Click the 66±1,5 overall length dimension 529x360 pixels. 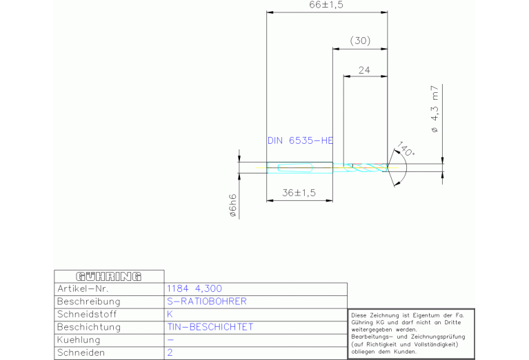pyautogui.click(x=326, y=5)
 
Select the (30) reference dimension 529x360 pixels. pyautogui.click(x=360, y=41)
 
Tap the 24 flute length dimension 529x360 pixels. pyautogui.click(x=364, y=70)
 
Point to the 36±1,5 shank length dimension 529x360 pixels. pyautogui.click(x=299, y=193)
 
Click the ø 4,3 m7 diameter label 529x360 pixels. pyautogui.click(x=435, y=109)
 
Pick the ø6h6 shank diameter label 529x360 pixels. pyautogui.click(x=233, y=205)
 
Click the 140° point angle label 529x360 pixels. pyautogui.click(x=406, y=149)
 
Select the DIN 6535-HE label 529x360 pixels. pyautogui.click(x=300, y=140)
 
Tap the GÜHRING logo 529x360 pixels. pyautogui.click(x=109, y=277)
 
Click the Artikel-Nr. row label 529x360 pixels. pyautogui.click(x=83, y=288)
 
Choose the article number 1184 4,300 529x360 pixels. pyautogui.click(x=194, y=288)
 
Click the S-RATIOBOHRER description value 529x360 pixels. pyautogui.click(x=207, y=301)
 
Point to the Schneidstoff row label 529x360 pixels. pyautogui.click(x=87, y=314)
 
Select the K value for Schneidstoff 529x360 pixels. pyautogui.click(x=170, y=314)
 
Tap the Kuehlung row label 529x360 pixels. pyautogui.click(x=79, y=340)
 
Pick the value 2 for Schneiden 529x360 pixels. pyautogui.click(x=170, y=352)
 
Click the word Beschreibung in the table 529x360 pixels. pyautogui.click(x=89, y=301)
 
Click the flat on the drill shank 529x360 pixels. pyautogui.click(x=295, y=167)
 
